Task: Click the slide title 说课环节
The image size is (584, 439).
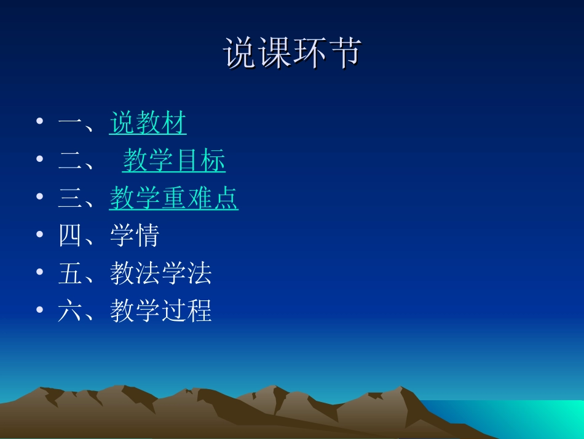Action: (291, 53)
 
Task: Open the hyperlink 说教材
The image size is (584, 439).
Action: (148, 123)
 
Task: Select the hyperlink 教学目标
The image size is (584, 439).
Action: (174, 161)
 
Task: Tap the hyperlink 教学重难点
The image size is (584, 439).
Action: (174, 198)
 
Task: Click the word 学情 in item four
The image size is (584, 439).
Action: (135, 236)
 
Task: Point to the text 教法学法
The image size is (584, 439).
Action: (161, 273)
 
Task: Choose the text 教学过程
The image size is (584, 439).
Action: (161, 311)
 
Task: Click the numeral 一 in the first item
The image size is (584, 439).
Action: (70, 124)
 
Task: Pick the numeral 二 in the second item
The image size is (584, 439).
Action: (70, 161)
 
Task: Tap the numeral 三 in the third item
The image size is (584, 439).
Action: (70, 199)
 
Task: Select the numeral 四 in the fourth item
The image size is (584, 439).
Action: (70, 236)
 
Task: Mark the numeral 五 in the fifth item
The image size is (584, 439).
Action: (70, 273)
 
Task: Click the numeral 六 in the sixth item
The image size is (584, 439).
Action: (70, 311)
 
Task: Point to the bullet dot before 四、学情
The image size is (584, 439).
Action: (40, 235)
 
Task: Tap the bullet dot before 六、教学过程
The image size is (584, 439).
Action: (40, 310)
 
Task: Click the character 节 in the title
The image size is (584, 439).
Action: (344, 53)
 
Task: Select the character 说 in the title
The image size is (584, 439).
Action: (240, 53)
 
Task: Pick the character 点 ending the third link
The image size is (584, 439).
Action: (226, 198)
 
